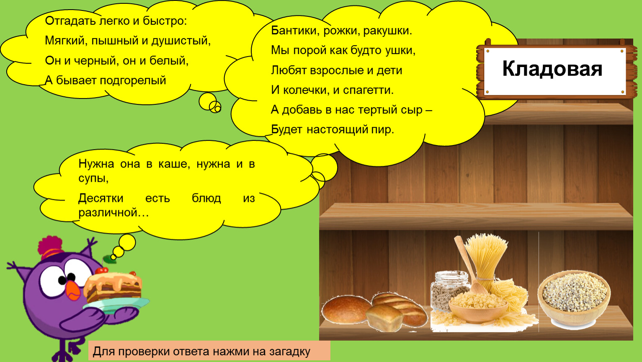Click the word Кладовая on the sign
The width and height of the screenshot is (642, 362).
552,69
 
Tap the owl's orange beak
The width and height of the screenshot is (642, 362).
73,291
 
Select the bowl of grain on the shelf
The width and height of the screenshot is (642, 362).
574,298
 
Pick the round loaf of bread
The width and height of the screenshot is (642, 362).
346,309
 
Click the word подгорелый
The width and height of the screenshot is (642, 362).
133,81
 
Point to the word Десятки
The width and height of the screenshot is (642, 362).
101,198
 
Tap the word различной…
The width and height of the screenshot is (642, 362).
113,212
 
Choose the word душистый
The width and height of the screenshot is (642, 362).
181,41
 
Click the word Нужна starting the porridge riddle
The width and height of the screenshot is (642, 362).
96,164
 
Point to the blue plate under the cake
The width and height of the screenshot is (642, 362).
116,305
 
